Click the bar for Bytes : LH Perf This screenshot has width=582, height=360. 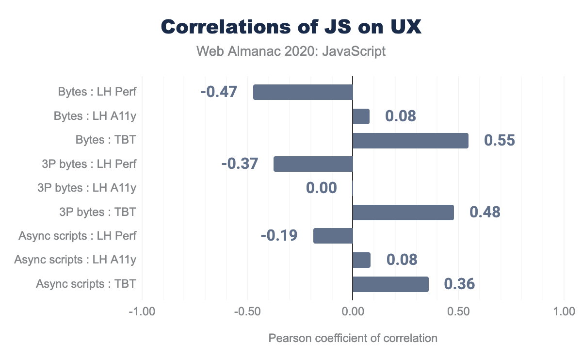(x=303, y=92)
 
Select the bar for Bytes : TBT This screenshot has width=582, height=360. (x=410, y=140)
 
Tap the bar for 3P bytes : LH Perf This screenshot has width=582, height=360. (x=313, y=164)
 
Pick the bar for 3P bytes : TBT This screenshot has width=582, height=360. (x=403, y=212)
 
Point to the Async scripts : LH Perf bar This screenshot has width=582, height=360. (x=333, y=236)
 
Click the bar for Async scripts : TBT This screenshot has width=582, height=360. (x=390, y=284)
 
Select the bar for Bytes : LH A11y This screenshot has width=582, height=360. (x=361, y=116)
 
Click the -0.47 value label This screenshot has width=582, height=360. (x=218, y=92)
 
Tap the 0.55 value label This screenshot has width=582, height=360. (x=499, y=140)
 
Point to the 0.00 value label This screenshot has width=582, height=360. (x=321, y=188)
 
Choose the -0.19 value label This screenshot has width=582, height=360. (x=279, y=236)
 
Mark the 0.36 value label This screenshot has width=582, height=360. (x=459, y=284)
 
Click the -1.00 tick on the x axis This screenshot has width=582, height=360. (x=142, y=311)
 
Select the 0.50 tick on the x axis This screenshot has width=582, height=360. (x=458, y=311)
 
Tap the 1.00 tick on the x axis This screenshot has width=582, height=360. (x=564, y=311)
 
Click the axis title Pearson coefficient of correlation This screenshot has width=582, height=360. (x=353, y=338)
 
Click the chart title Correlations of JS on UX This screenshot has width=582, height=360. (x=291, y=27)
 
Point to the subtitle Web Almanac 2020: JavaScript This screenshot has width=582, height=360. (x=291, y=51)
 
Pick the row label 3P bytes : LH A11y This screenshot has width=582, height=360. (x=87, y=188)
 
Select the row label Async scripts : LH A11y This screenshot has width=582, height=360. (x=75, y=260)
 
